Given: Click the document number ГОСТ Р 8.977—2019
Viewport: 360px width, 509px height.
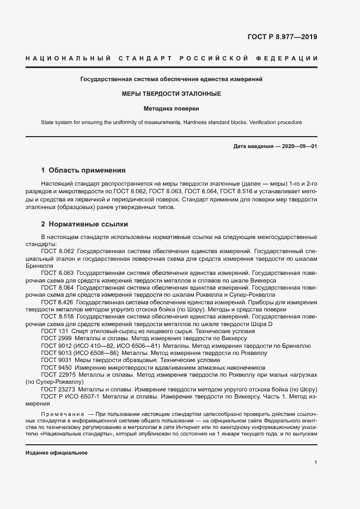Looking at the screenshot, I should [x=283, y=38].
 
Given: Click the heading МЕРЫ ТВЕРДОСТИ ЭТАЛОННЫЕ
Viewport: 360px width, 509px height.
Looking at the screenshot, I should [x=172, y=94].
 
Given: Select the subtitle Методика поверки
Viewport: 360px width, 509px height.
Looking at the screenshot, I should [x=172, y=108].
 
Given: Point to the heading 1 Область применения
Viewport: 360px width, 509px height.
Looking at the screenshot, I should [x=83, y=170].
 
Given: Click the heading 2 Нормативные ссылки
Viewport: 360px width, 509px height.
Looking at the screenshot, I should [x=84, y=224].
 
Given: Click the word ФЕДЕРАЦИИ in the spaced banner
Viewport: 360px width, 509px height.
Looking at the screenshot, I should [x=293, y=58].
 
